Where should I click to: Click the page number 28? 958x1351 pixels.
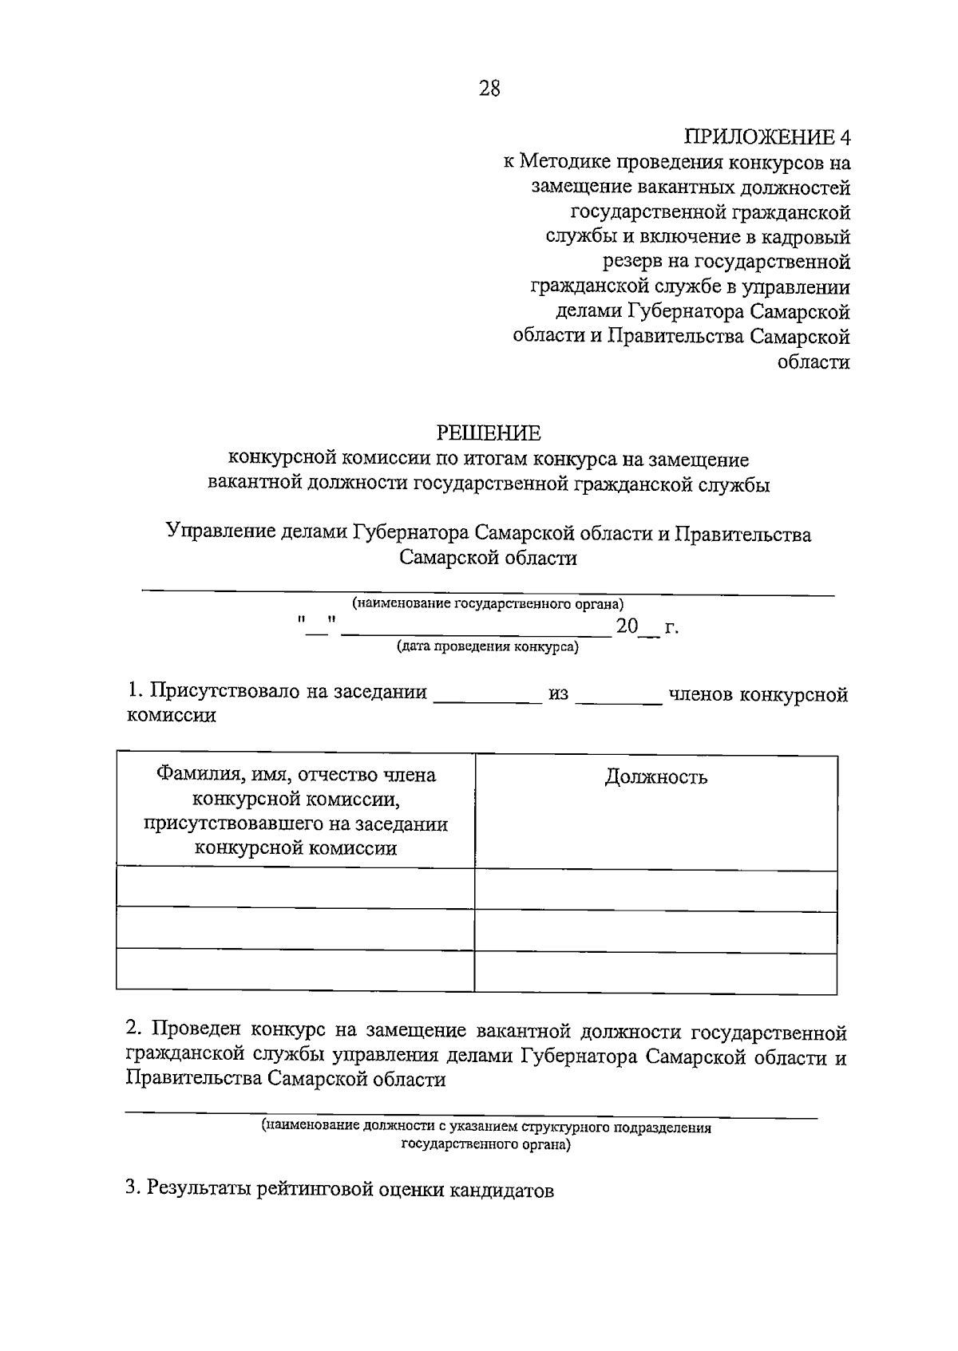tap(489, 89)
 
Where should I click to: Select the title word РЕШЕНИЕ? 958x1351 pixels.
tap(489, 433)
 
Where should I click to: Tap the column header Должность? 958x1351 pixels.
tap(655, 776)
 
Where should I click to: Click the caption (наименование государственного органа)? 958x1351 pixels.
tap(489, 604)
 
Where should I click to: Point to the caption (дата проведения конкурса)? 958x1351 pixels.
tap(489, 647)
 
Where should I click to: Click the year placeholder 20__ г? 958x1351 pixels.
tap(647, 627)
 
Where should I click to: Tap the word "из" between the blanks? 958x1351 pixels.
tap(558, 693)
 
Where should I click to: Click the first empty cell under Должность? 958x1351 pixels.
tap(655, 889)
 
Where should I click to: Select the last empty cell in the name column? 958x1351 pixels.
tap(295, 970)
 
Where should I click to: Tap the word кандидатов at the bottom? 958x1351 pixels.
tap(501, 1190)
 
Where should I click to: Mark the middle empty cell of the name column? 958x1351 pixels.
tap(295, 928)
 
